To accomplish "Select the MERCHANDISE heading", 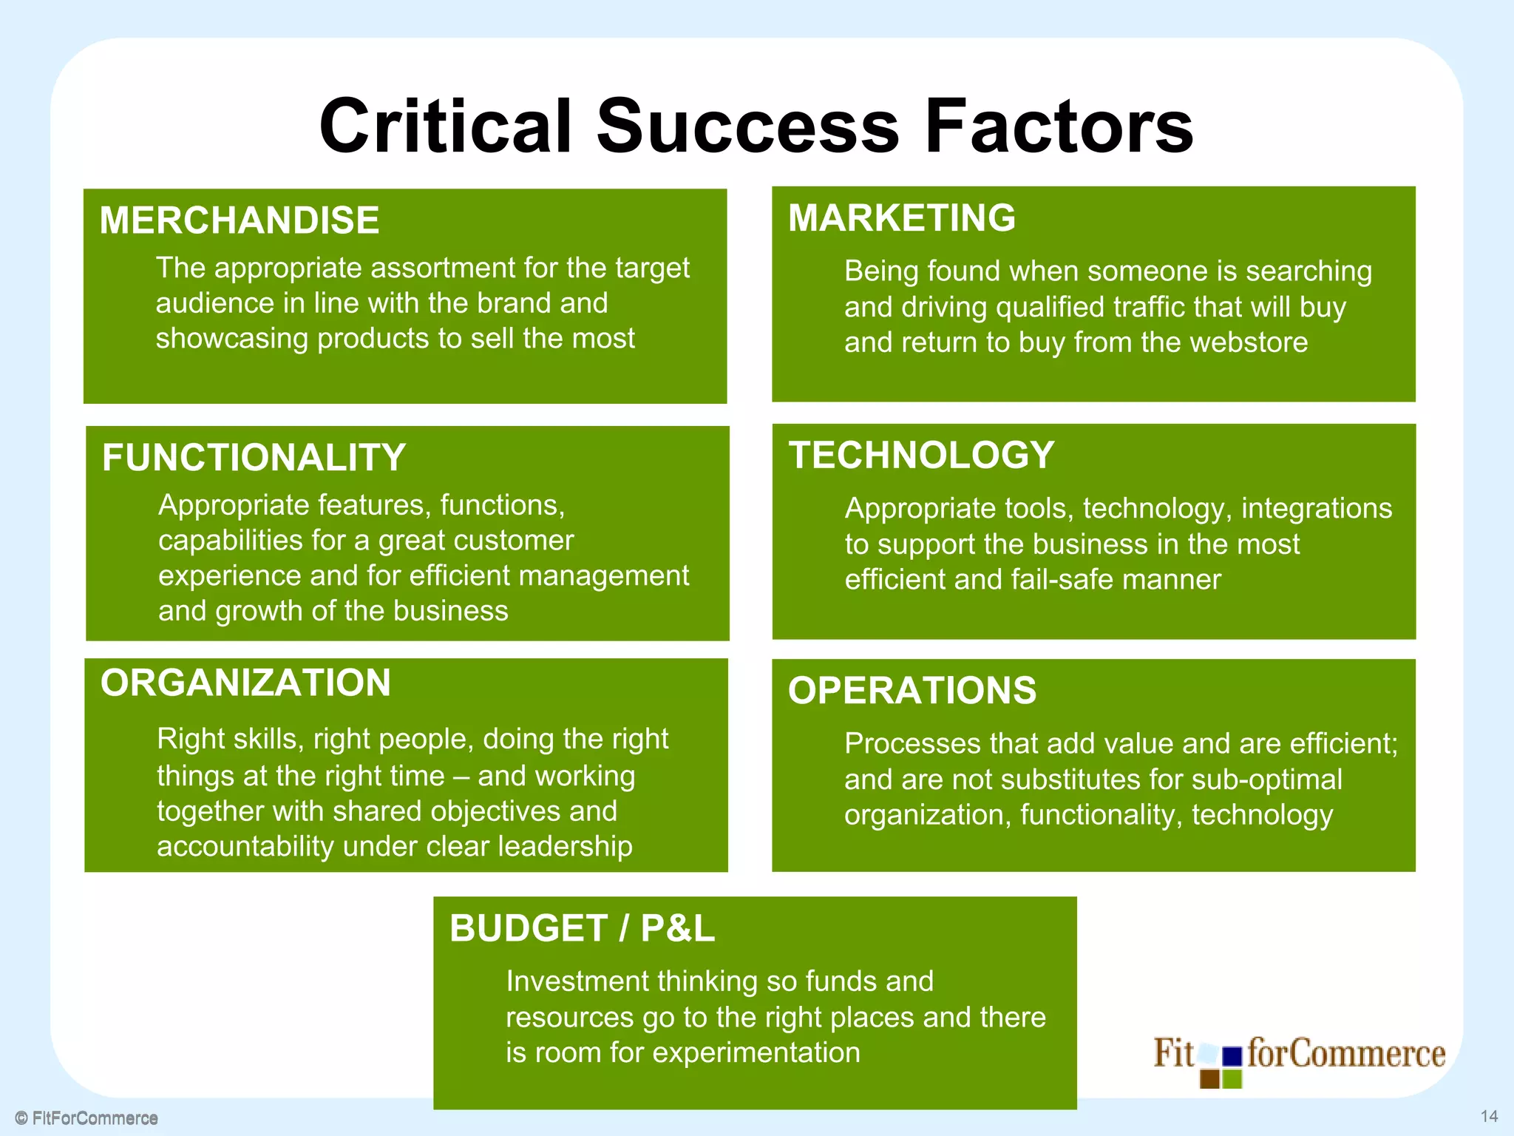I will click(x=239, y=220).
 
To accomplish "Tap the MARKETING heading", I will click(x=902, y=218).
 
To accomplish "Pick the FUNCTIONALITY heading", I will click(x=254, y=458).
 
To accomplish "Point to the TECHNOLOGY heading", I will click(x=921, y=455).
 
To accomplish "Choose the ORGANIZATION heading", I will click(x=245, y=683).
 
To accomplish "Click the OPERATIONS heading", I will click(x=912, y=691).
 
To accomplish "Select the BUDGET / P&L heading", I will click(x=582, y=928).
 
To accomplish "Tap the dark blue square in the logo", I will click(x=1232, y=1057).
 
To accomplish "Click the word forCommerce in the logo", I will click(x=1345, y=1053).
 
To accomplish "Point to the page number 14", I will click(x=1489, y=1116).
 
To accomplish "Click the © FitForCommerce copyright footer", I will click(x=87, y=1118).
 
